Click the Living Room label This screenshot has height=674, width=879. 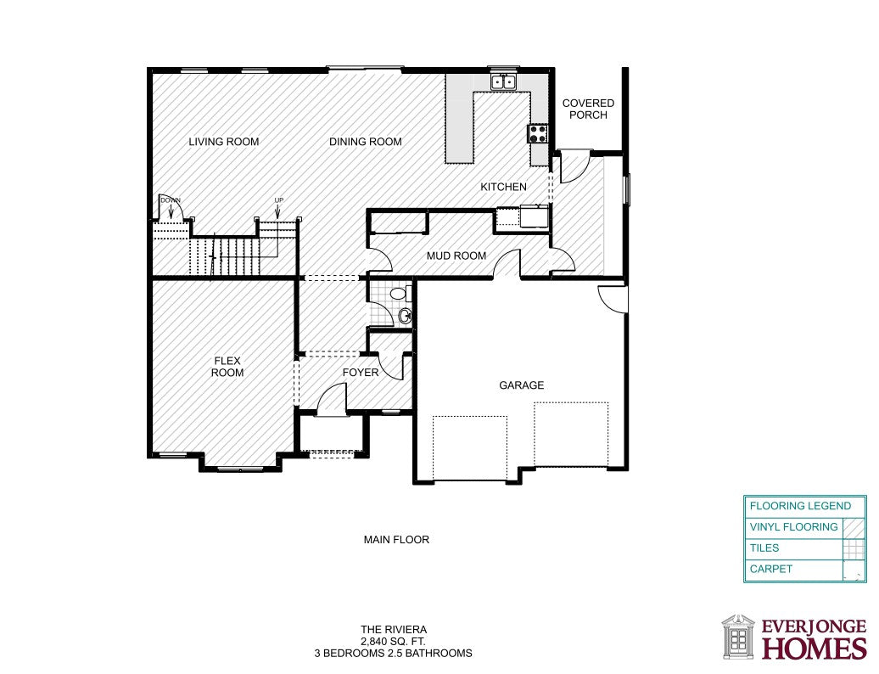click(224, 142)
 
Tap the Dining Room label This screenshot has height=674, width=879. click(366, 142)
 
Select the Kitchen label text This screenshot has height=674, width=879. click(503, 187)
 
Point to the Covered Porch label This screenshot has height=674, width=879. click(588, 109)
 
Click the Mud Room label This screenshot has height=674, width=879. click(456, 256)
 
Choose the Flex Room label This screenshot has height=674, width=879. click(227, 367)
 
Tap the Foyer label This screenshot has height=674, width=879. click(361, 373)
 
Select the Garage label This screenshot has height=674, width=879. click(521, 385)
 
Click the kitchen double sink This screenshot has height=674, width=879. click(503, 81)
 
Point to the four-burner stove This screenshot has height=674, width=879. click(538, 133)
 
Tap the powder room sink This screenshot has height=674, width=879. click(406, 317)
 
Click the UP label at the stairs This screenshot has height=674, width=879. click(278, 200)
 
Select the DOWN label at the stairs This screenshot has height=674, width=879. click(171, 200)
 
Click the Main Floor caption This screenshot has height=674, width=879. click(396, 539)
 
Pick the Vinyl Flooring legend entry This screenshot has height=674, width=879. click(794, 526)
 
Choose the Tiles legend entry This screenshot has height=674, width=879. click(764, 548)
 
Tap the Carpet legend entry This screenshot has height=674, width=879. click(770, 569)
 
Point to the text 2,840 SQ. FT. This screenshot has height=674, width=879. click(393, 641)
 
